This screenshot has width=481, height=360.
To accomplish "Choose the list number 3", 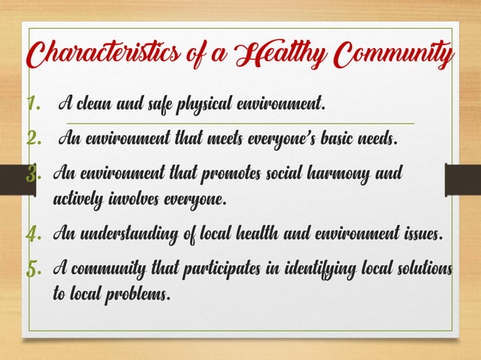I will tap(35, 175).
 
